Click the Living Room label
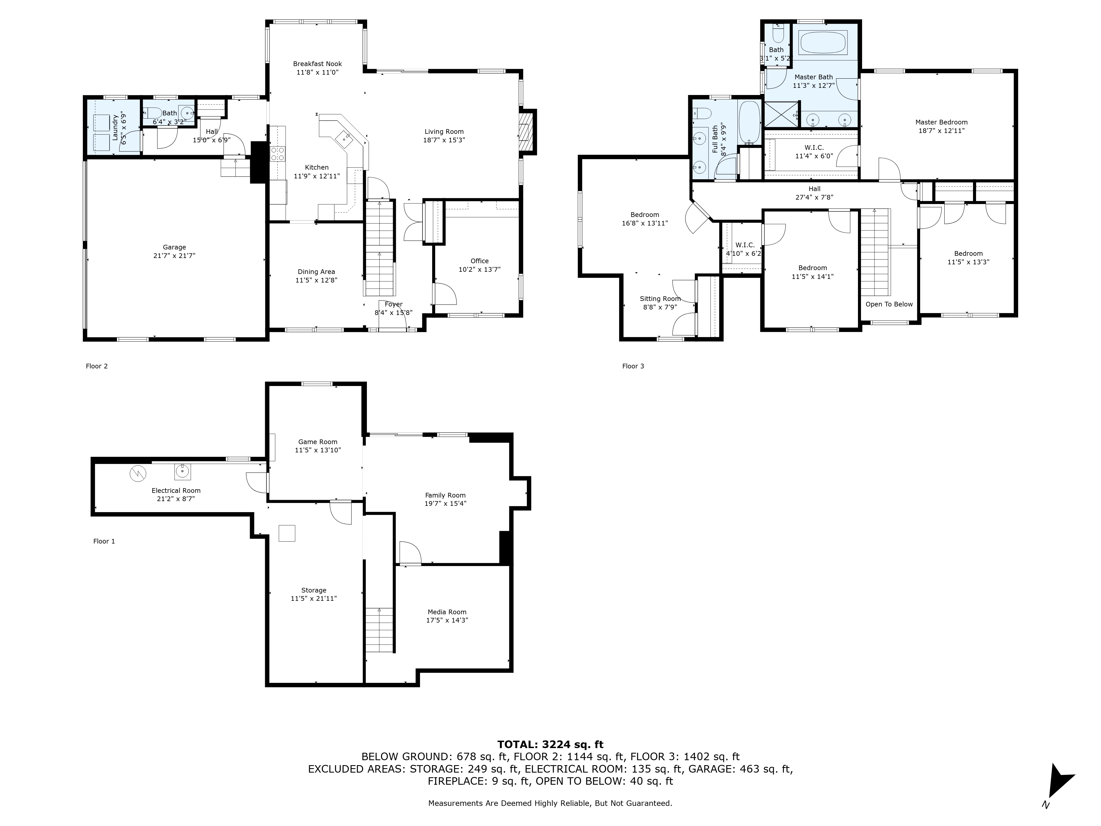pyautogui.click(x=444, y=131)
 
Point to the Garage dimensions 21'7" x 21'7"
pyautogui.click(x=174, y=256)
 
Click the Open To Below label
pyautogui.click(x=889, y=304)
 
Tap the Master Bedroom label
pyautogui.click(x=941, y=122)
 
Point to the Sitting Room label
pyautogui.click(x=660, y=299)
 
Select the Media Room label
pyautogui.click(x=447, y=612)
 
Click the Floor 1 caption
pyautogui.click(x=104, y=541)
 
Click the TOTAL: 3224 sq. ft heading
pyautogui.click(x=550, y=744)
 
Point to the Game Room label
pyautogui.click(x=318, y=442)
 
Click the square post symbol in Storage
pyautogui.click(x=287, y=533)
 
